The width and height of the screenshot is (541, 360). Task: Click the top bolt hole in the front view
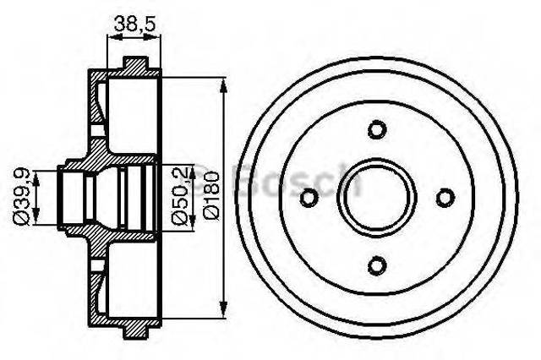tap(377, 129)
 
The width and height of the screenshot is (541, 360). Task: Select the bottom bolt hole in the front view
tap(377, 264)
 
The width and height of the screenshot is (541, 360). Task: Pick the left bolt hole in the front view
tap(309, 197)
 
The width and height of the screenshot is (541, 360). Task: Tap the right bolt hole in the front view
tap(445, 197)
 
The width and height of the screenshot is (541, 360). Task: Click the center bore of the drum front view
tap(377, 197)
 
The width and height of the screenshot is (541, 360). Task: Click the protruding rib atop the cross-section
tap(134, 64)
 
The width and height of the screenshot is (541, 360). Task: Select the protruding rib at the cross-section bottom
tap(134, 330)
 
